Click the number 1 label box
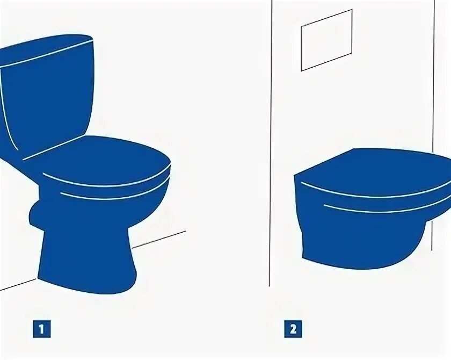42,329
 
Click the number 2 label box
293,329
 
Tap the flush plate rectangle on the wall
327,40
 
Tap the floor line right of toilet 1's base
159,240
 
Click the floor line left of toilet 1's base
18,284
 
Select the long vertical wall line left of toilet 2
271,143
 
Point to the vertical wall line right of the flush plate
433,125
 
